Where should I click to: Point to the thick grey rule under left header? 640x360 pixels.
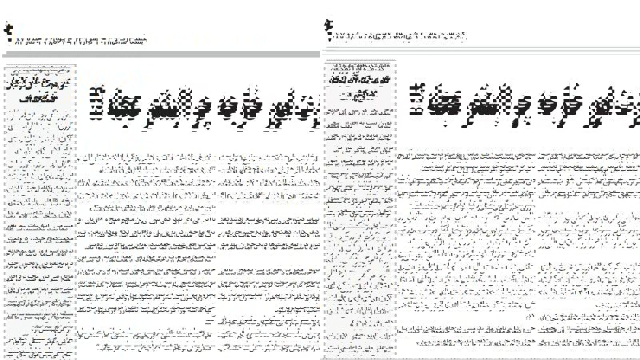pos(160,54)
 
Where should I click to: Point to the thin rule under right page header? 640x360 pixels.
pos(480,49)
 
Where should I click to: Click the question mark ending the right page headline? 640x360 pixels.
pos(418,98)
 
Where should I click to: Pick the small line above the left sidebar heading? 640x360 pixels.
pos(39,68)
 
